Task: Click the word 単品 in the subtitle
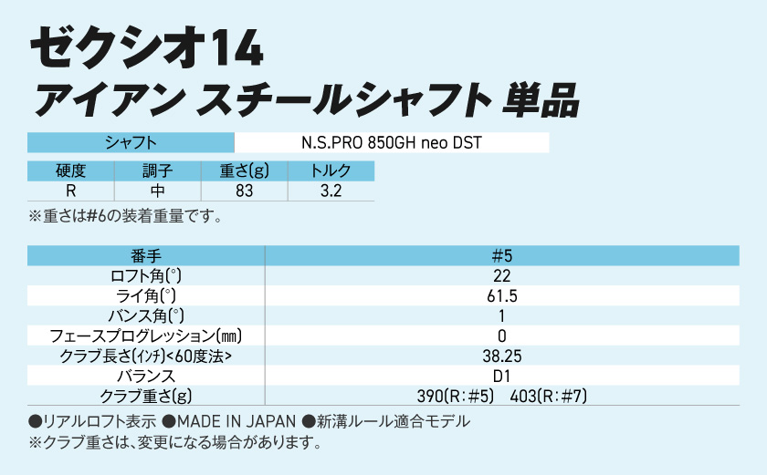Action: (541, 99)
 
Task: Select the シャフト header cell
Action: (131, 143)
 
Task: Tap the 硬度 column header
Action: (70, 171)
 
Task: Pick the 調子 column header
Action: (157, 171)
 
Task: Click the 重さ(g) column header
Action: (244, 171)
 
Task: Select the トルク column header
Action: (331, 171)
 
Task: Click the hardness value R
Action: (70, 191)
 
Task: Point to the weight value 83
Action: (244, 191)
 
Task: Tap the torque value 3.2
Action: (331, 191)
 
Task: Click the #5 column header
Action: (501, 256)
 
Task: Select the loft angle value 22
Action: (501, 276)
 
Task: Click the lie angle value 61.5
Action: (501, 296)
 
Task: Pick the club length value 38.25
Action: (501, 356)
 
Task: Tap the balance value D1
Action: (501, 376)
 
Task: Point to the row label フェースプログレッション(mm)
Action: (146, 336)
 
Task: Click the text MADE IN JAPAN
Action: (236, 421)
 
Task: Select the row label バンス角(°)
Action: (146, 315)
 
